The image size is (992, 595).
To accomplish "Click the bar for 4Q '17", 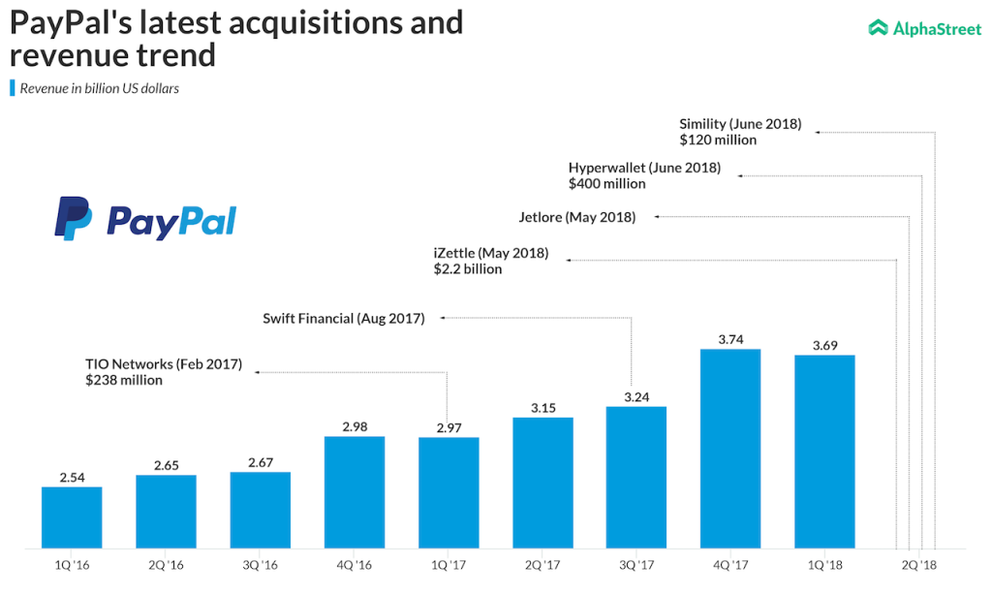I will (729, 448).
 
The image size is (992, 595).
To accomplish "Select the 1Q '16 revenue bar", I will (72, 517).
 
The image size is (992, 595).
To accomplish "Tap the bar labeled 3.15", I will (542, 482).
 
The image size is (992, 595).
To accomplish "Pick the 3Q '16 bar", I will (260, 509).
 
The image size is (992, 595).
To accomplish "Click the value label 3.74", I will (729, 339).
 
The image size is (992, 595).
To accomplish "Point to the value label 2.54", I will (72, 477).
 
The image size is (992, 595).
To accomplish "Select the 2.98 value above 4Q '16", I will (354, 426).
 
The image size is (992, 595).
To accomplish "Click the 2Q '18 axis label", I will (918, 564).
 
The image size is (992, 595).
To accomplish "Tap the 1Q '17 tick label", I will (449, 564).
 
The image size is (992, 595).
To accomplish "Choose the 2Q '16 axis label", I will (166, 564).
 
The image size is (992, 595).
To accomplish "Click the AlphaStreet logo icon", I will (878, 28).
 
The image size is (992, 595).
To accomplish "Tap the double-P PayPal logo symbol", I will (74, 217).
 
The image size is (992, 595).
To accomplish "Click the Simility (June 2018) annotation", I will (740, 124).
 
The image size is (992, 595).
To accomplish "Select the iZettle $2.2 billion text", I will (468, 269).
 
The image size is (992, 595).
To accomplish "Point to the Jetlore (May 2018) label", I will (577, 217).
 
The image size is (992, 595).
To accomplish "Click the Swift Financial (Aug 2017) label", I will (344, 318).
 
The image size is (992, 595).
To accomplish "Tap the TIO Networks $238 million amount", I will (124, 381).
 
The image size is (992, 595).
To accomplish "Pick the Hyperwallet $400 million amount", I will (606, 183).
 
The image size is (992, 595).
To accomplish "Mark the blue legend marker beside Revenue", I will (12, 88).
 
